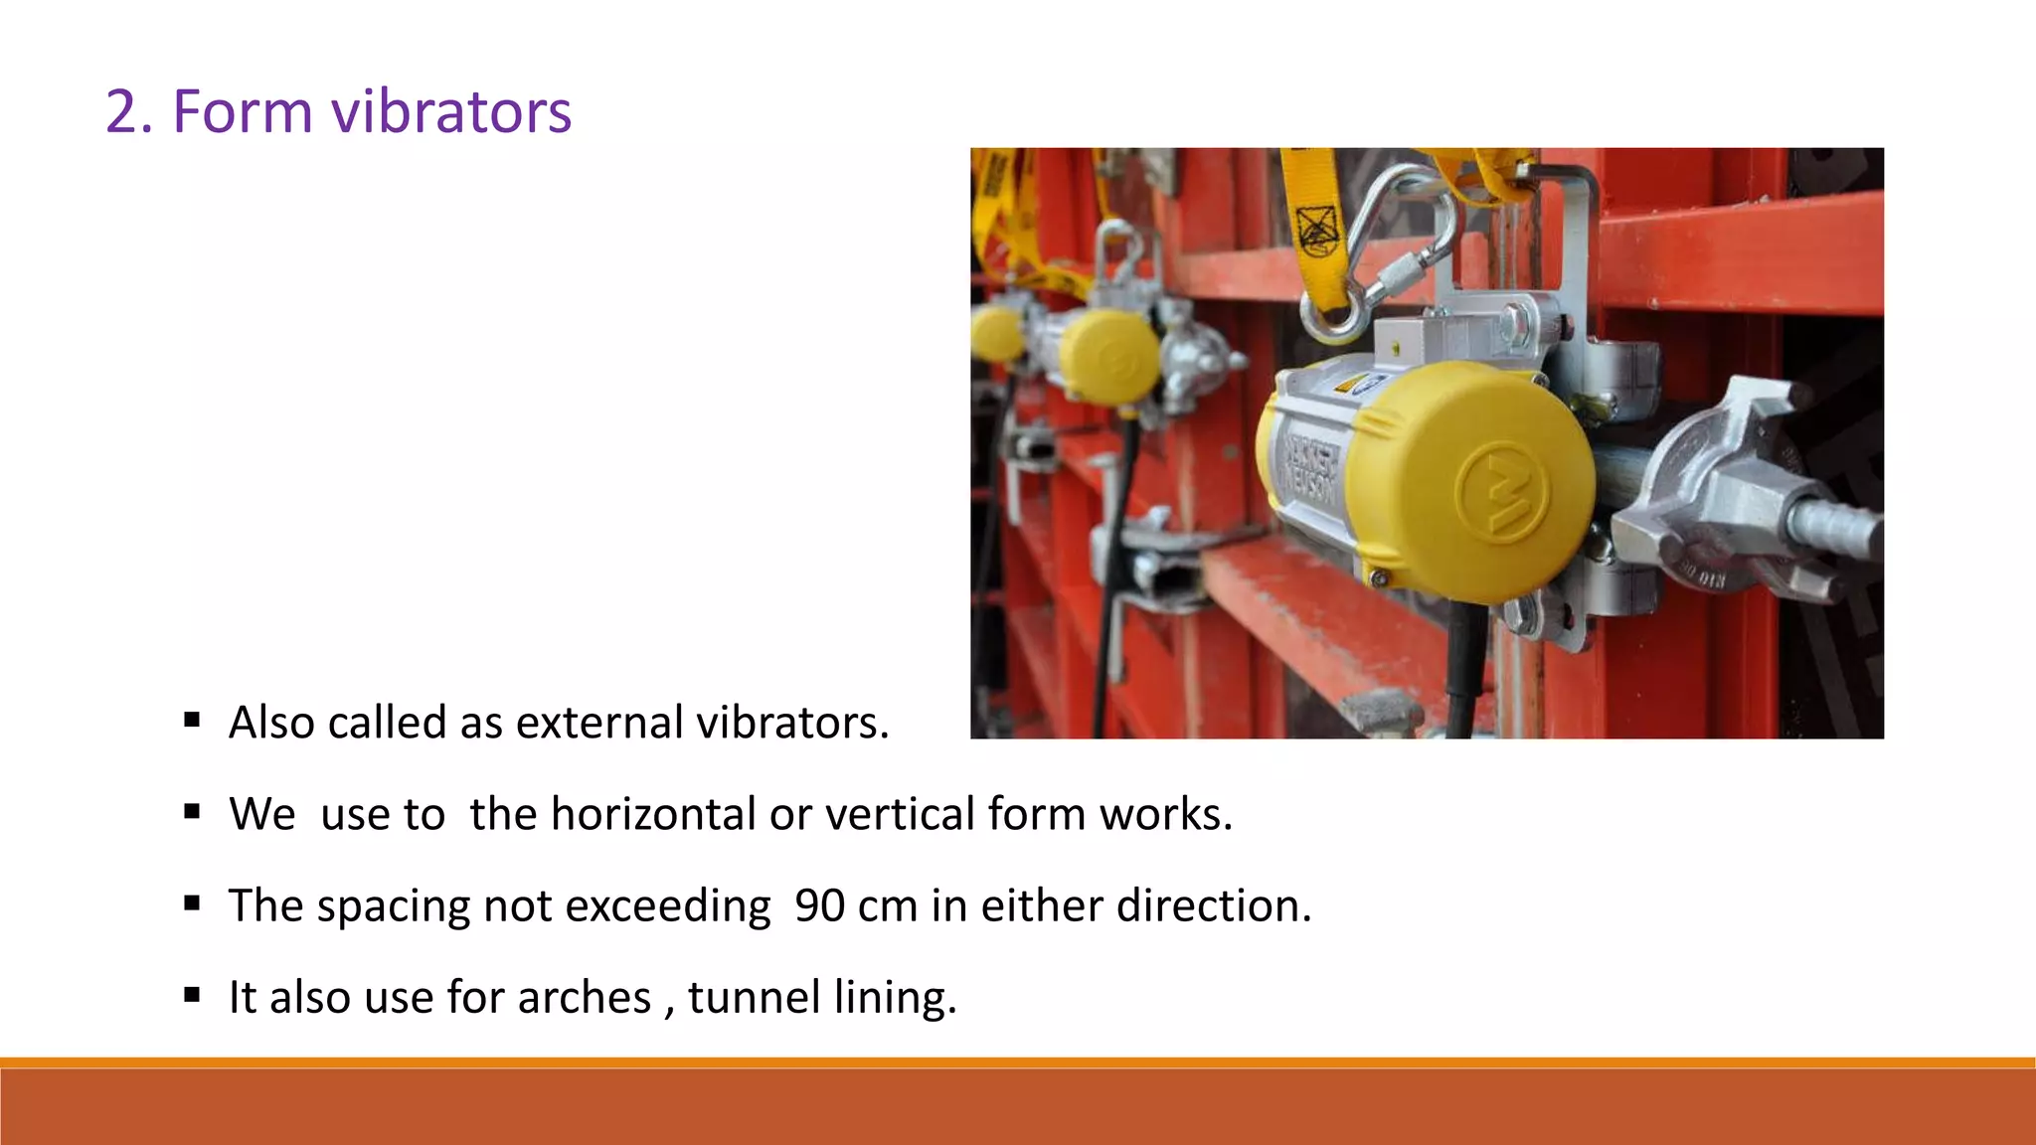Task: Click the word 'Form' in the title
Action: tap(242, 110)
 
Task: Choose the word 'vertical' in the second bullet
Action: tap(901, 814)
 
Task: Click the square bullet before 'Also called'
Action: tap(193, 720)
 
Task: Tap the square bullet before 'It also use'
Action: tap(193, 995)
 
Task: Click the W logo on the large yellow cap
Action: tap(1501, 492)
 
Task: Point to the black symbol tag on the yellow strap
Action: tap(1317, 231)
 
